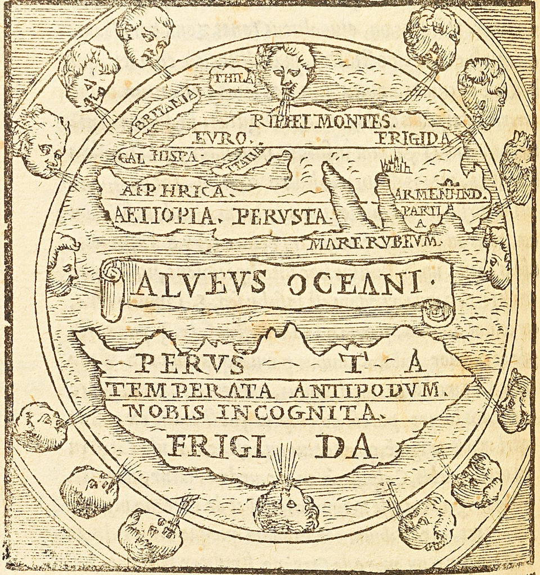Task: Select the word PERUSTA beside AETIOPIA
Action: click(x=281, y=215)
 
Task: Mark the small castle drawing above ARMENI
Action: click(x=397, y=164)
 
